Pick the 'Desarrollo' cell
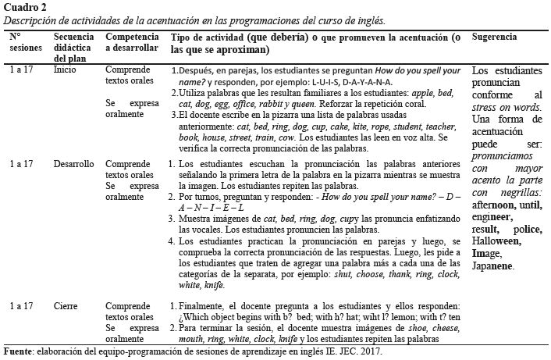(75, 165)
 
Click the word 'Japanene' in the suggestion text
(492, 266)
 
